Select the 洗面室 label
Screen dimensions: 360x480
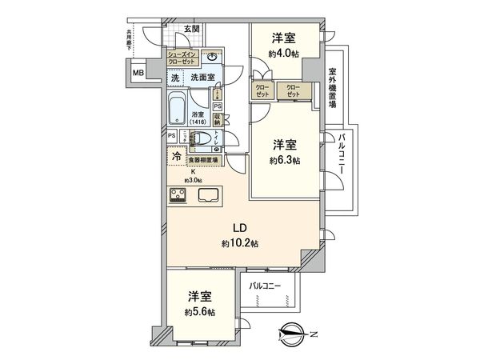204,78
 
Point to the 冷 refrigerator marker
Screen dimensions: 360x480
176,157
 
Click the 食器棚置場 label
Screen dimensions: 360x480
205,160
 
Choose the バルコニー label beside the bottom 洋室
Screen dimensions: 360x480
264,284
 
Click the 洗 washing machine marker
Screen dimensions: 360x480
174,78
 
